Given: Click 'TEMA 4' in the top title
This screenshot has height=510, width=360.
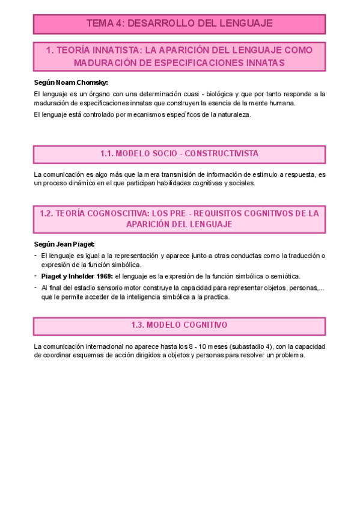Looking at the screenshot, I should [106, 23].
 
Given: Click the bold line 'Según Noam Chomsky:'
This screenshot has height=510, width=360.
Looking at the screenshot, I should [67, 82].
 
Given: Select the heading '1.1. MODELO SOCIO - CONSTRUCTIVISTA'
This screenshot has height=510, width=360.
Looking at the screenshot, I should [179, 154].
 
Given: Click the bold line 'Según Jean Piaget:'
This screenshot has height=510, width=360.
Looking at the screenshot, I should [64, 244].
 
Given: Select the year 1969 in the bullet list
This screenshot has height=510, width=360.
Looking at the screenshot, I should [102, 276].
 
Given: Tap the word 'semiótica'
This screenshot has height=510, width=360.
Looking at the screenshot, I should [282, 276].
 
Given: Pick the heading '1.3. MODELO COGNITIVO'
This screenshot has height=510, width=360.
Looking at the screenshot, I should [179, 325].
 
